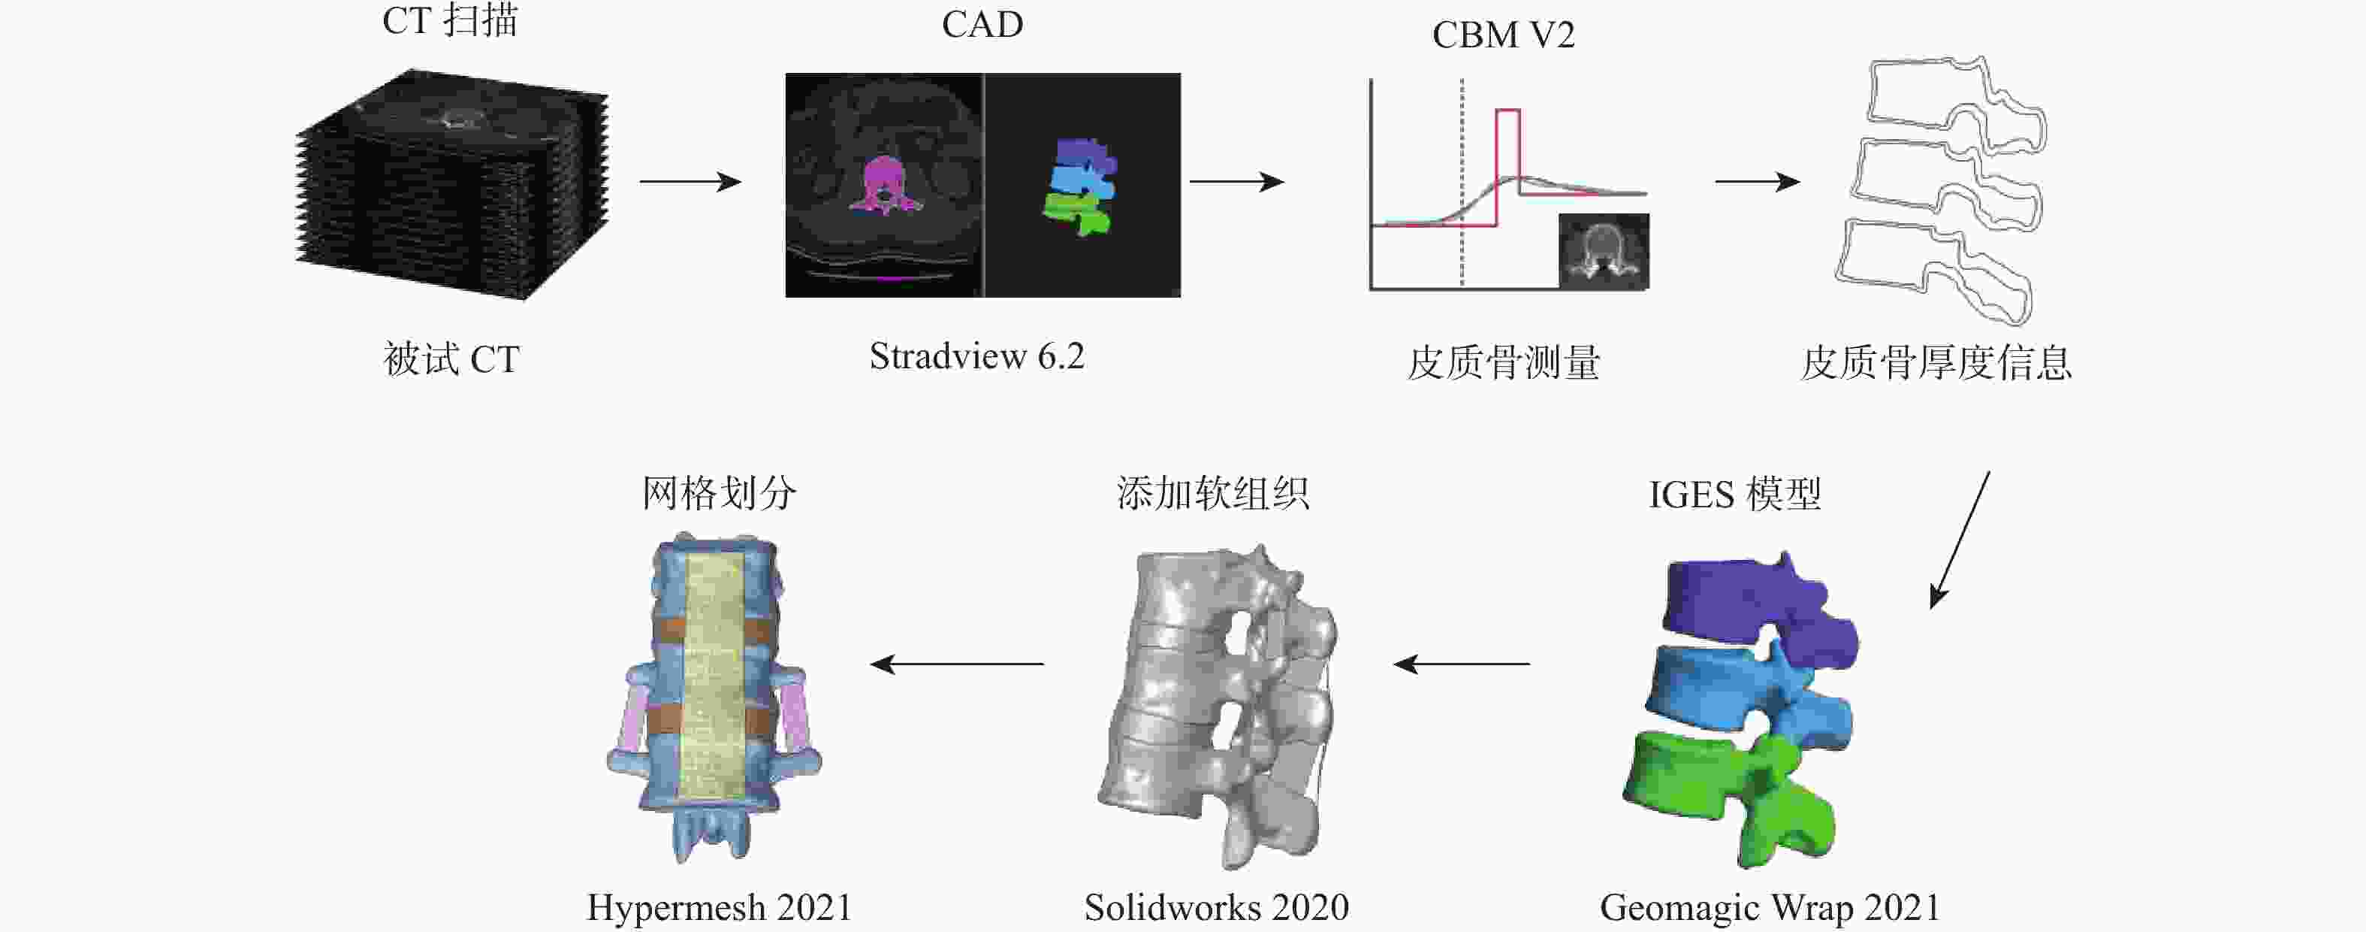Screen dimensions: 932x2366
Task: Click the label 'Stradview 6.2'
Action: (x=976, y=356)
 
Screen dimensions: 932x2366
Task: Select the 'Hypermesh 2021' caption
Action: (x=719, y=908)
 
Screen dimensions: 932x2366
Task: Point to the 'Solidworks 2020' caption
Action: (x=1216, y=908)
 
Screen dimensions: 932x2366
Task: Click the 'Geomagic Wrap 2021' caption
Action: (x=1770, y=908)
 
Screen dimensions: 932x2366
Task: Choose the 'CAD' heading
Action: (x=982, y=25)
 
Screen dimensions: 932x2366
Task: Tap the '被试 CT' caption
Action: (x=451, y=359)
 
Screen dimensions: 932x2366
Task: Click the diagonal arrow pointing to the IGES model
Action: (x=1959, y=540)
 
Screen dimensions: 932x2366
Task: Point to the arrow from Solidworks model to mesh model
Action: (x=956, y=664)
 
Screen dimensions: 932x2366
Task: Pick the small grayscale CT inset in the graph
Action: (x=1604, y=251)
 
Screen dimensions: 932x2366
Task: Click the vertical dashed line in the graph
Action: (x=1462, y=184)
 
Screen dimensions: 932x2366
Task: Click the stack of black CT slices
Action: (x=450, y=184)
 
